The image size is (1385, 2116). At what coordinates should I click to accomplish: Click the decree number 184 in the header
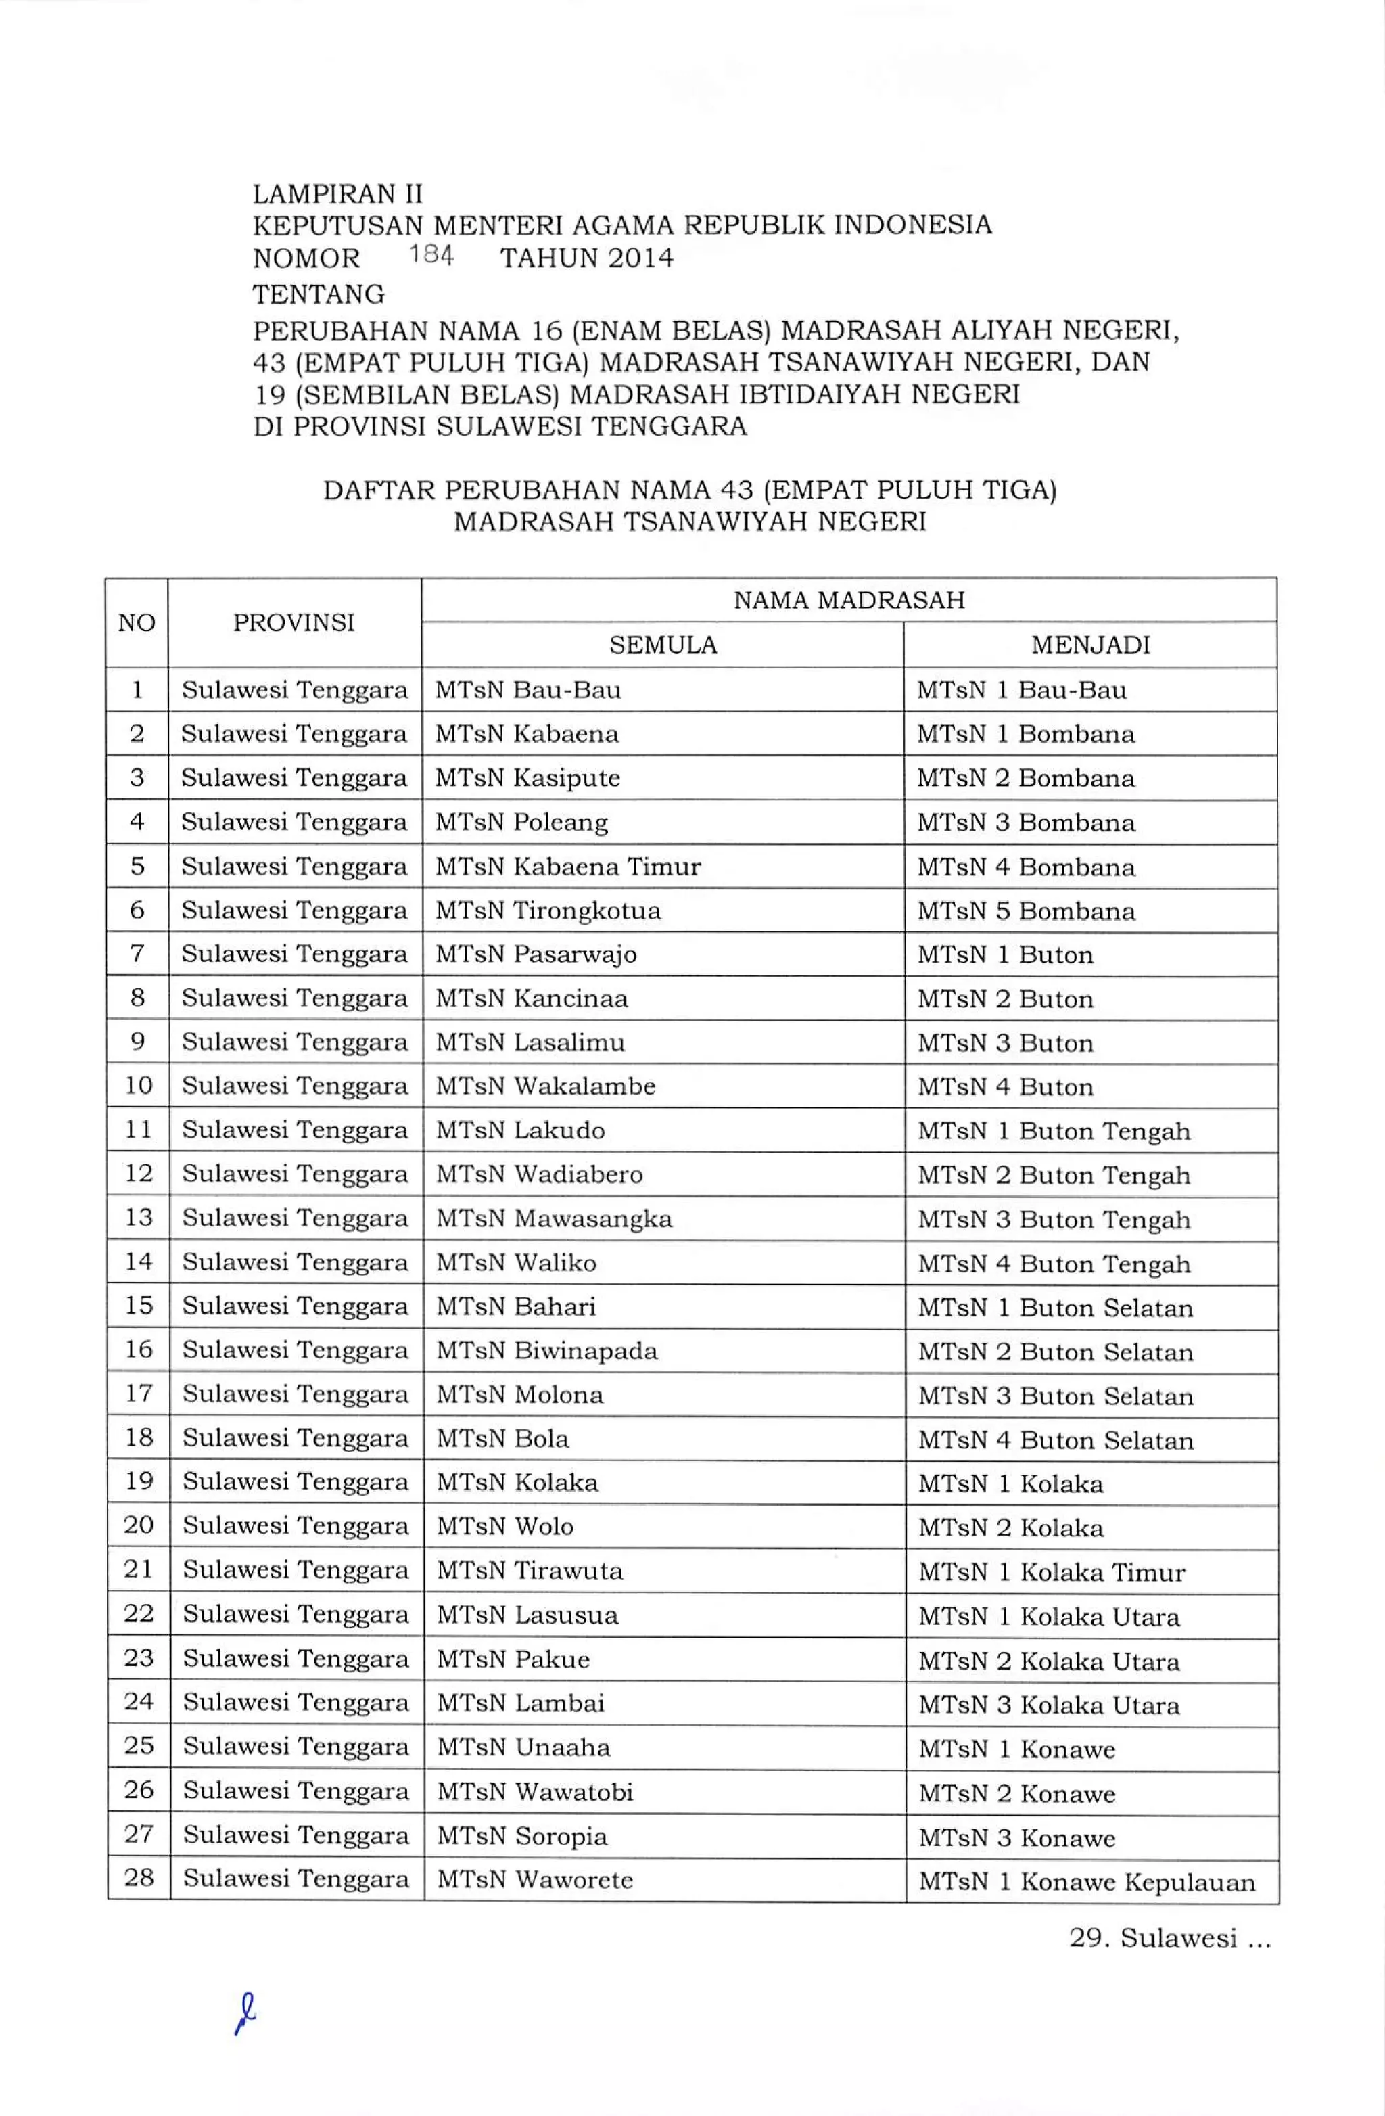[x=431, y=256]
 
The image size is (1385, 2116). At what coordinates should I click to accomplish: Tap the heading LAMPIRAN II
[x=338, y=194]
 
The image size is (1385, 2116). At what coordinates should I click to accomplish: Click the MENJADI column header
[x=1090, y=645]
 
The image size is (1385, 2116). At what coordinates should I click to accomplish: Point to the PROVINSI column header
[x=294, y=622]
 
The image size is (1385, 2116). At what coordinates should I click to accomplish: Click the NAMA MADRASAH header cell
[x=849, y=600]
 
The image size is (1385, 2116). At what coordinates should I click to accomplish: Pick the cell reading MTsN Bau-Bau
[x=528, y=690]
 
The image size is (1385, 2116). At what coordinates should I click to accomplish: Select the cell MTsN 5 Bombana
[x=1026, y=911]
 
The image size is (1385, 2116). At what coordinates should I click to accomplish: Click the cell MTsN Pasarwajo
[x=536, y=954]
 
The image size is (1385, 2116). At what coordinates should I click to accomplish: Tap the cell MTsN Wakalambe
[x=545, y=1086]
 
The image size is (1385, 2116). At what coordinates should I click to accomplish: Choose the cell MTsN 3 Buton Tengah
[x=1054, y=1219]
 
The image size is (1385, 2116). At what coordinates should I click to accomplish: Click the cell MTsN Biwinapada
[x=546, y=1350]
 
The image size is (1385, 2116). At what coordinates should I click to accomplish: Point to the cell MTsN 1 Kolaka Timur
[x=1052, y=1572]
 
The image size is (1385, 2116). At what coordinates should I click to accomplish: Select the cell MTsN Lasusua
[x=527, y=1615]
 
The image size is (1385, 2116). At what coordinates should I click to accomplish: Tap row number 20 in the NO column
[x=139, y=1525]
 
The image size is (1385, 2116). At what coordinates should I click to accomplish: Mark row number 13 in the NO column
[x=139, y=1217]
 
